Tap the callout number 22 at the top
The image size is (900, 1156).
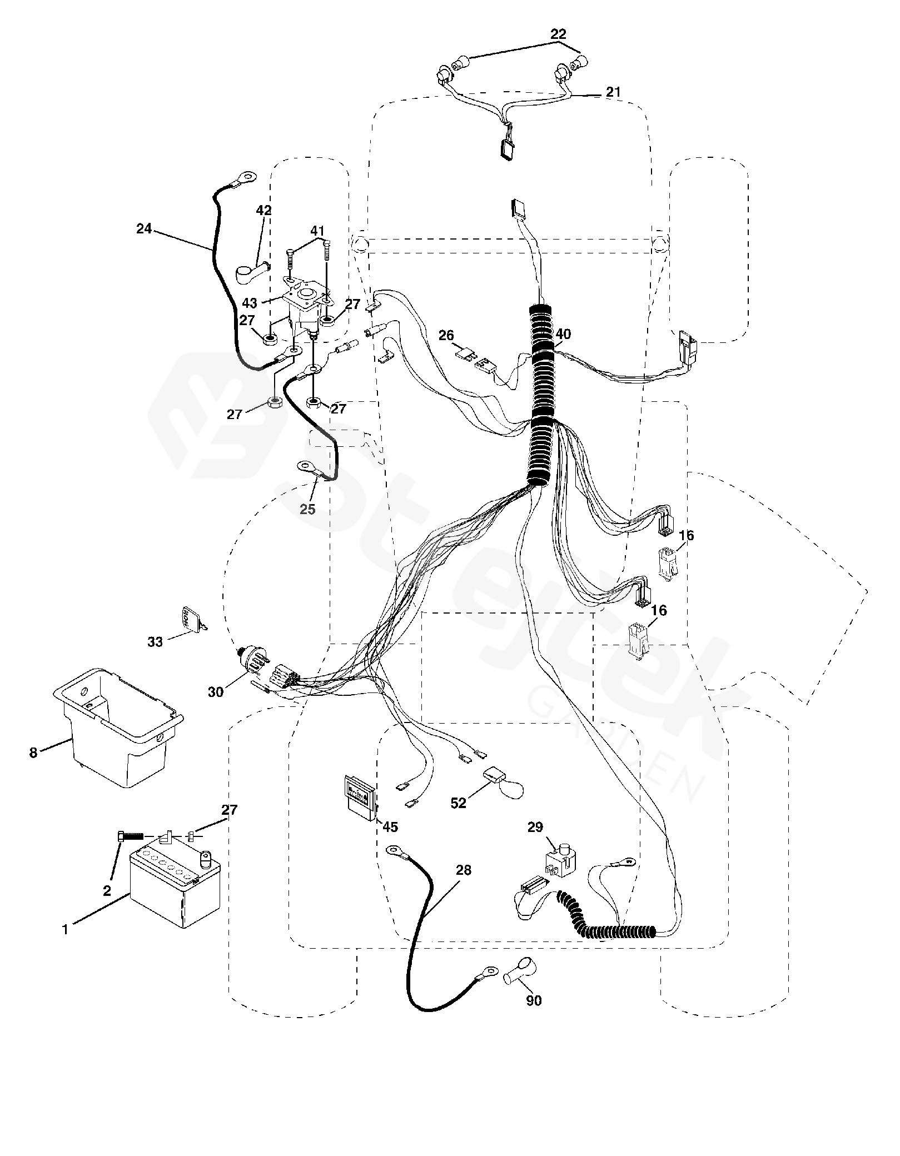click(x=559, y=34)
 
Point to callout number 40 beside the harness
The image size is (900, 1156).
click(x=563, y=334)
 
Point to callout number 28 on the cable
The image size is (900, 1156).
click(x=463, y=870)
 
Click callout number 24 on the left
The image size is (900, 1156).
click(x=144, y=228)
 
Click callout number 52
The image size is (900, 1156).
click(x=458, y=803)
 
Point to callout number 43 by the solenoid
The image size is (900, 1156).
click(x=250, y=303)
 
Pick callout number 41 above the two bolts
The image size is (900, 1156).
click(x=317, y=230)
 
